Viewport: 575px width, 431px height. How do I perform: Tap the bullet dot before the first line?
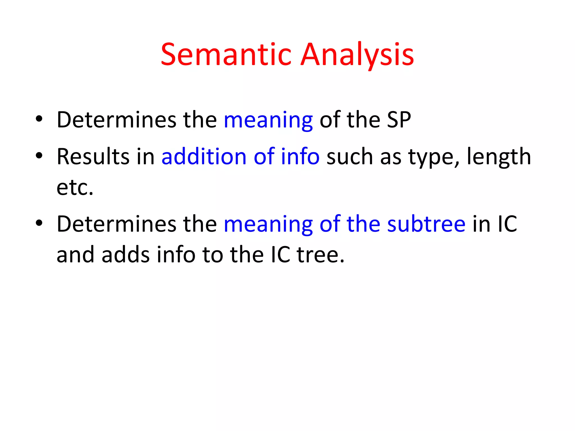pos(39,119)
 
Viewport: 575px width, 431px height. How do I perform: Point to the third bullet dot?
pos(39,223)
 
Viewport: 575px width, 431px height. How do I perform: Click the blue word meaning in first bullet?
pos(268,120)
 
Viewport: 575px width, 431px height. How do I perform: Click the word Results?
pos(93,157)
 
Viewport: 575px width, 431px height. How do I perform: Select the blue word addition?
pos(204,157)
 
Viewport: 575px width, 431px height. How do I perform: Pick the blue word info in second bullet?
pos(300,157)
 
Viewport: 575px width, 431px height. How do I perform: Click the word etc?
pos(75,187)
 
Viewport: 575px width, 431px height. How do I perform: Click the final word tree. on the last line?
pos(320,255)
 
